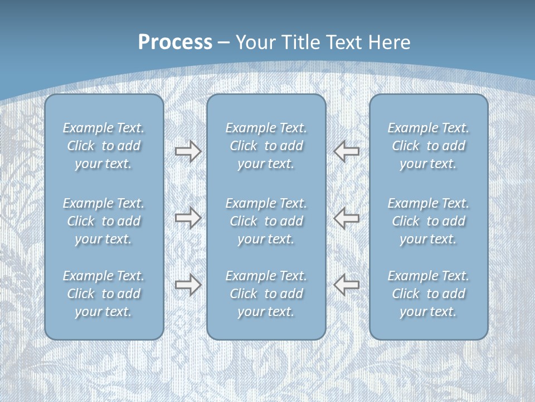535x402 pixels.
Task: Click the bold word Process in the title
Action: [x=175, y=42]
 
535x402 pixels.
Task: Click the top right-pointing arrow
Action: [x=188, y=151]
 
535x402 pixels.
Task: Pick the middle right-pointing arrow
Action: [x=188, y=217]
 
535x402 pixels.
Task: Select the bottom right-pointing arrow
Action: [x=188, y=285]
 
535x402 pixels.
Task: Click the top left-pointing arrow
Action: [x=347, y=151]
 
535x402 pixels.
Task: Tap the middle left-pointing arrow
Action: [x=347, y=217]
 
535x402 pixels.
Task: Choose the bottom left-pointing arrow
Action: [x=347, y=285]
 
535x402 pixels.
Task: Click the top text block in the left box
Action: [x=104, y=146]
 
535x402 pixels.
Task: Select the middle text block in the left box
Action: [x=104, y=221]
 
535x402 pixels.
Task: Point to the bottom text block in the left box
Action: [x=104, y=294]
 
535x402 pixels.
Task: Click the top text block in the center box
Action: [x=266, y=146]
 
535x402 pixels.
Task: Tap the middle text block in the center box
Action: [x=266, y=221]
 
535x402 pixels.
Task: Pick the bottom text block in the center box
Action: [x=266, y=294]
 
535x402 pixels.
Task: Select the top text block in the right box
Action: [x=429, y=146]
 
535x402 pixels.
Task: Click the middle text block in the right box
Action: [x=429, y=221]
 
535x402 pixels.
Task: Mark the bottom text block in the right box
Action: [x=429, y=294]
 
